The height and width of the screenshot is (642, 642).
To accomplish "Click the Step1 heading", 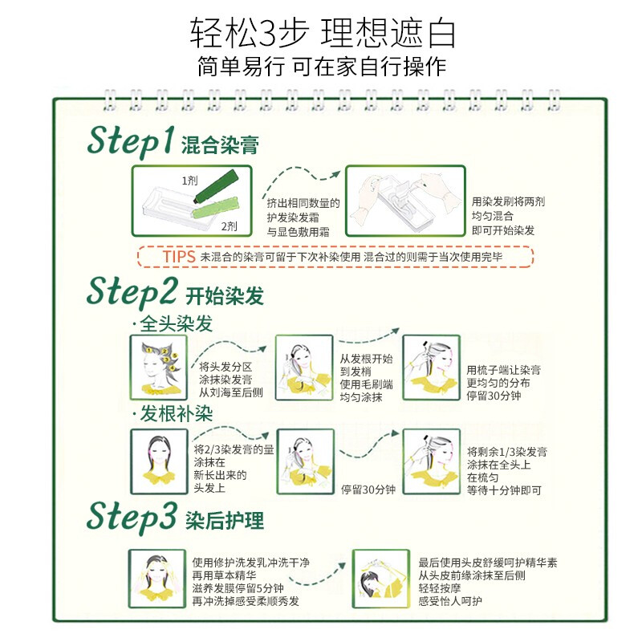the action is (x=131, y=141).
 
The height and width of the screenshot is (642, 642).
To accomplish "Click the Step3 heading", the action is (x=132, y=517).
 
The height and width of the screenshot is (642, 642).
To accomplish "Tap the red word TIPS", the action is (x=179, y=257).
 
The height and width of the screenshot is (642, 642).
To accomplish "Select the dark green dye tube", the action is (x=216, y=186).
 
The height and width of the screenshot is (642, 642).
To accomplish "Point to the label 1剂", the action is (x=189, y=181).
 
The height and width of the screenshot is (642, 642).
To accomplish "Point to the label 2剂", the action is (x=229, y=226).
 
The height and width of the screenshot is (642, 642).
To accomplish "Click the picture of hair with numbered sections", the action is (x=158, y=368).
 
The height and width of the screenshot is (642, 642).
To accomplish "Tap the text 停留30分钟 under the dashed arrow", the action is (x=368, y=490).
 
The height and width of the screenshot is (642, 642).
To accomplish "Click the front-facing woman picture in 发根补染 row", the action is (x=159, y=461).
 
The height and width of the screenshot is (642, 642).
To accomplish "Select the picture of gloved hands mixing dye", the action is (x=405, y=201).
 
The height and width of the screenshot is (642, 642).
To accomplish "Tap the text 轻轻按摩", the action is (x=440, y=588).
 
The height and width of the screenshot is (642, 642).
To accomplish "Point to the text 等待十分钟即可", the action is (x=505, y=490).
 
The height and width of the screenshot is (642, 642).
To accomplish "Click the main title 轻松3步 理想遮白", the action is (x=323, y=33).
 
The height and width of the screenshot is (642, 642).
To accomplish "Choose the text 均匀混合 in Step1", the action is (x=493, y=216).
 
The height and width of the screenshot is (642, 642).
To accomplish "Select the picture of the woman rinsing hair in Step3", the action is (x=156, y=579).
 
